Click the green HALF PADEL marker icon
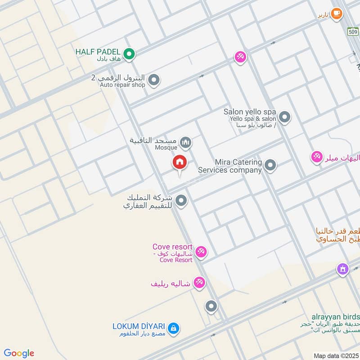[129, 54]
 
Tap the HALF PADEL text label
[98, 52]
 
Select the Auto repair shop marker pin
[154, 81]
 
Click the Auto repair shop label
[122, 84]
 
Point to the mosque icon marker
[185, 143]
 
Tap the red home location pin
[180, 162]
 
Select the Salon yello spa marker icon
[284, 117]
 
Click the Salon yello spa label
[250, 112]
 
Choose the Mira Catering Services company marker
[270, 166]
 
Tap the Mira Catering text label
[238, 162]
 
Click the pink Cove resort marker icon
[201, 252]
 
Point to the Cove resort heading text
[172, 247]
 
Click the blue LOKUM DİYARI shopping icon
[175, 329]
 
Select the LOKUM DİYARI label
[139, 325]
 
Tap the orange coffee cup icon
[336, 14]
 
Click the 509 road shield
[353, 31]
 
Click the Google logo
[19, 353]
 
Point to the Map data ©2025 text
[336, 355]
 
